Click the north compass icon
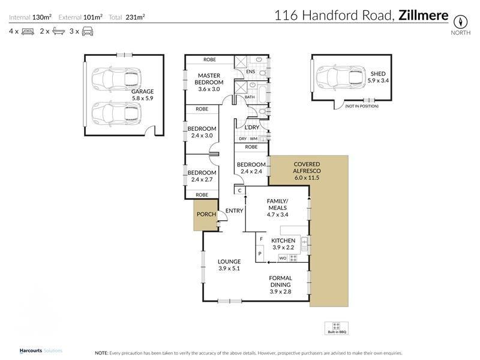click(460, 20)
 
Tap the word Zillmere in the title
click(423, 16)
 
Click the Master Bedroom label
click(210, 79)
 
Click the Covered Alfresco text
click(306, 168)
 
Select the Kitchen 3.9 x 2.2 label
click(284, 244)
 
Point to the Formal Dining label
click(280, 282)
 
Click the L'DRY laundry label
click(251, 127)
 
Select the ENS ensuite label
click(250, 72)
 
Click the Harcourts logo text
click(35, 350)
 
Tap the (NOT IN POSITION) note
click(362, 106)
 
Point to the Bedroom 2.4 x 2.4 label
click(251, 168)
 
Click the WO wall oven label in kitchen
click(283, 258)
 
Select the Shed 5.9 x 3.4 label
click(378, 76)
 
